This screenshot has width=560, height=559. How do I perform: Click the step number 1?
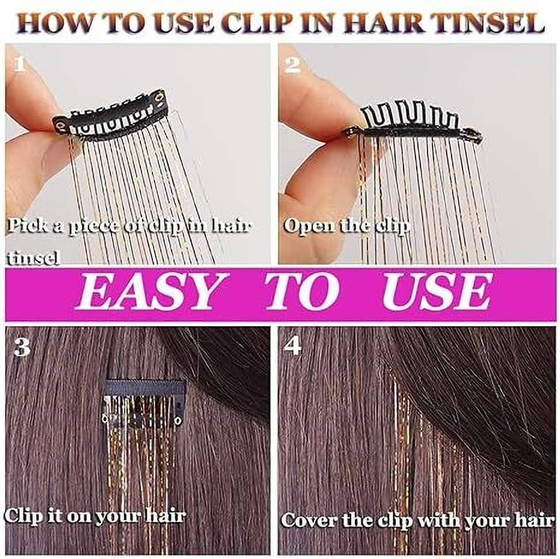[20, 64]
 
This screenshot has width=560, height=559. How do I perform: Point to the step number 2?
[293, 65]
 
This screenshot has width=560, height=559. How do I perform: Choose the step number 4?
[293, 346]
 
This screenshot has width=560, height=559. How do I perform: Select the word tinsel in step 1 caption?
[33, 258]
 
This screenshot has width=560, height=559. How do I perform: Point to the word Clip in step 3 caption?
[22, 516]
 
